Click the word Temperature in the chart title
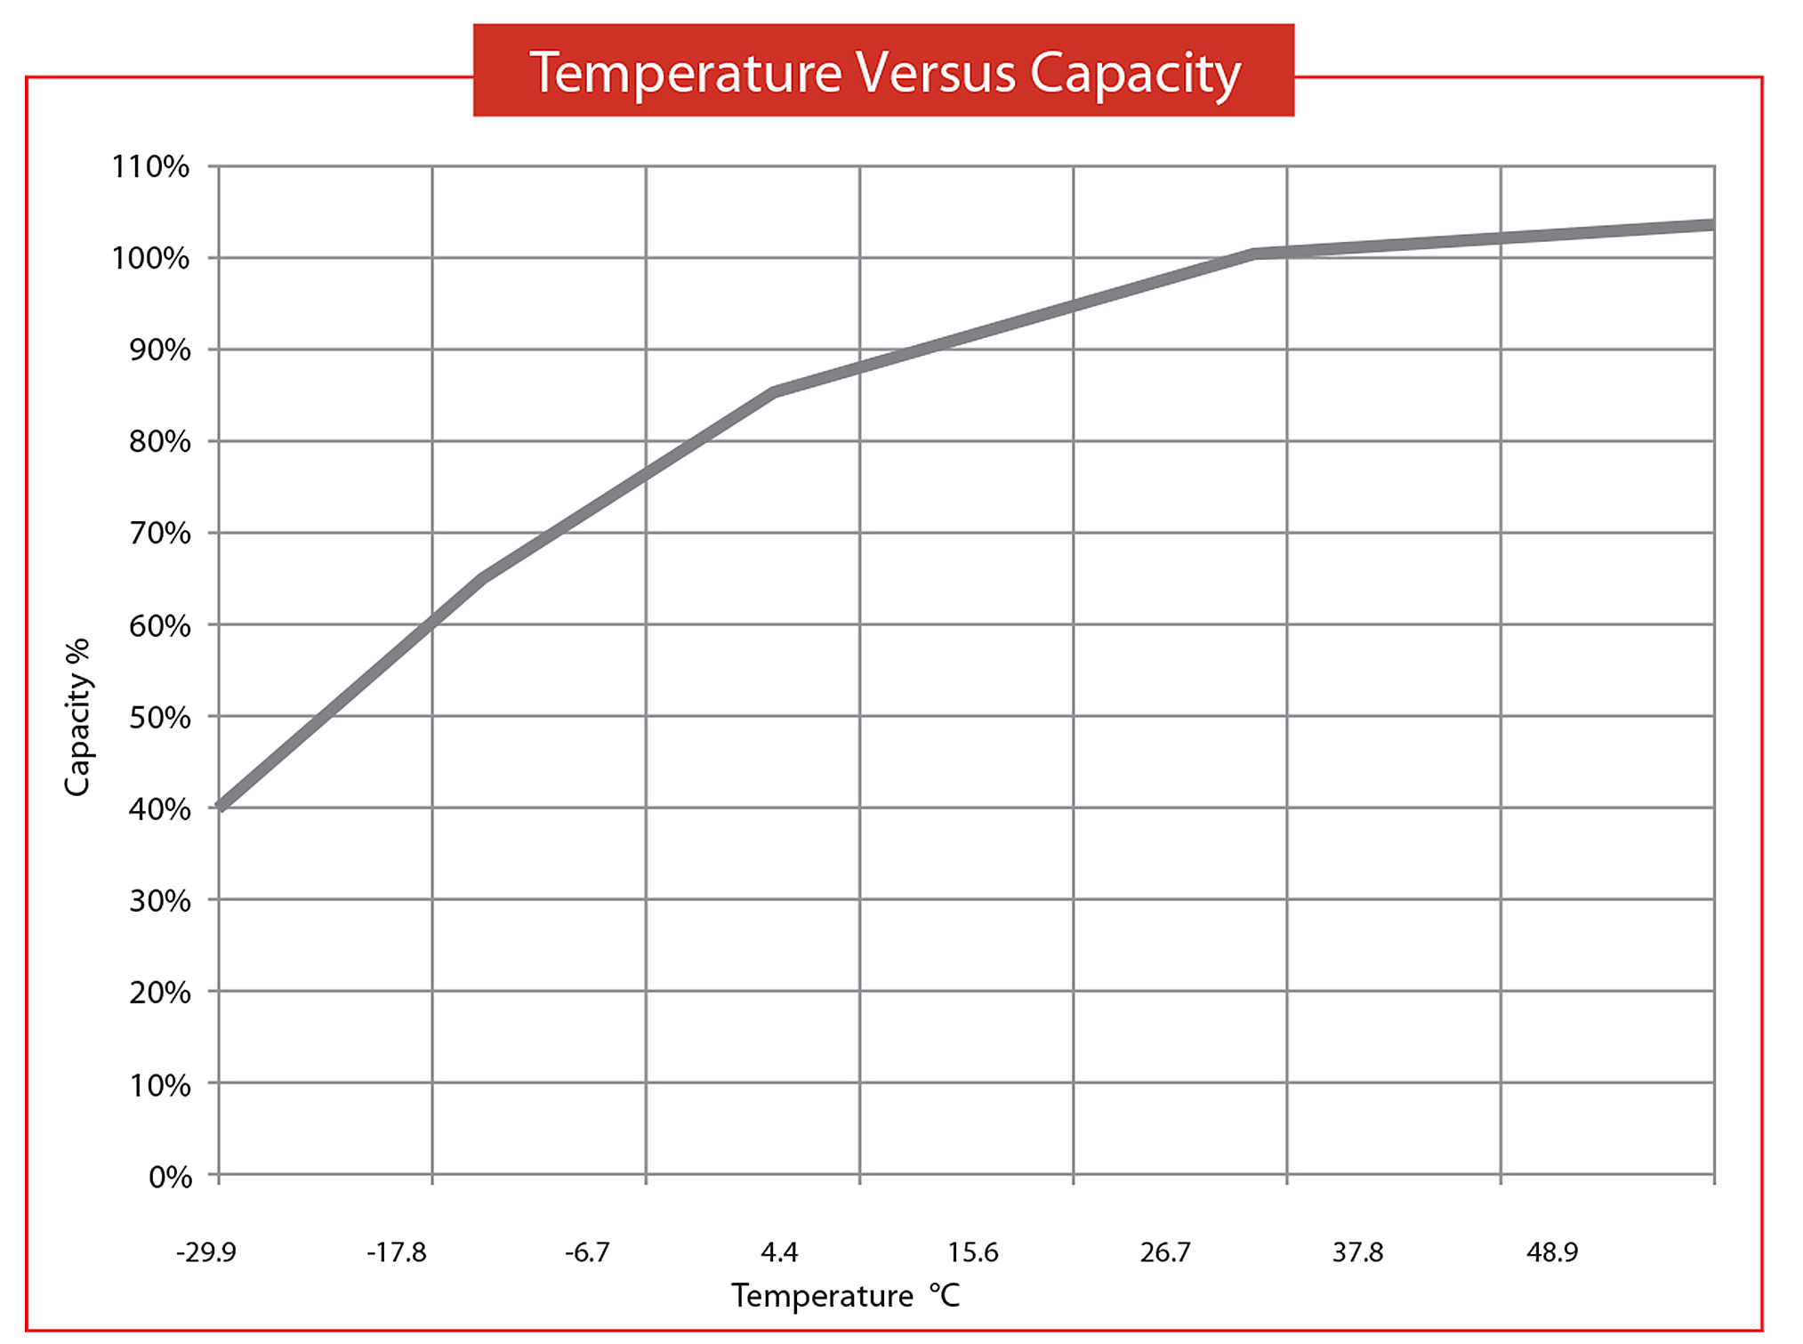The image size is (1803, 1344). click(685, 73)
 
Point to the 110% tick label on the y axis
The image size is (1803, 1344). click(150, 166)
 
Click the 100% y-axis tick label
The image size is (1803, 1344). click(150, 258)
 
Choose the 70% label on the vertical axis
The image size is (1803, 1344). click(160, 533)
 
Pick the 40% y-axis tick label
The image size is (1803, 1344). click(160, 809)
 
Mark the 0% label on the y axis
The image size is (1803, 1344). click(170, 1177)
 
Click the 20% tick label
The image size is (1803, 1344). click(160, 992)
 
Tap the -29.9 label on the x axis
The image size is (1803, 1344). click(206, 1252)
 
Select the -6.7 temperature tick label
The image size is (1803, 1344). click(587, 1252)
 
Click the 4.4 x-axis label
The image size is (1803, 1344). click(779, 1252)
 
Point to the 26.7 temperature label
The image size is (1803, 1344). click(1165, 1252)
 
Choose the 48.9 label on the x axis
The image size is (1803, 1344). click(1552, 1252)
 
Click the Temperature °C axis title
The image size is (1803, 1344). click(846, 1296)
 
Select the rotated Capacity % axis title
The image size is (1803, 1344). click(78, 717)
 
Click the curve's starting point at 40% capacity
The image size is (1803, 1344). click(221, 807)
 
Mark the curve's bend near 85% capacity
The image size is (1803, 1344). click(776, 391)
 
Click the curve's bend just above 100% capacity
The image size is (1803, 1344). click(1254, 254)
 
